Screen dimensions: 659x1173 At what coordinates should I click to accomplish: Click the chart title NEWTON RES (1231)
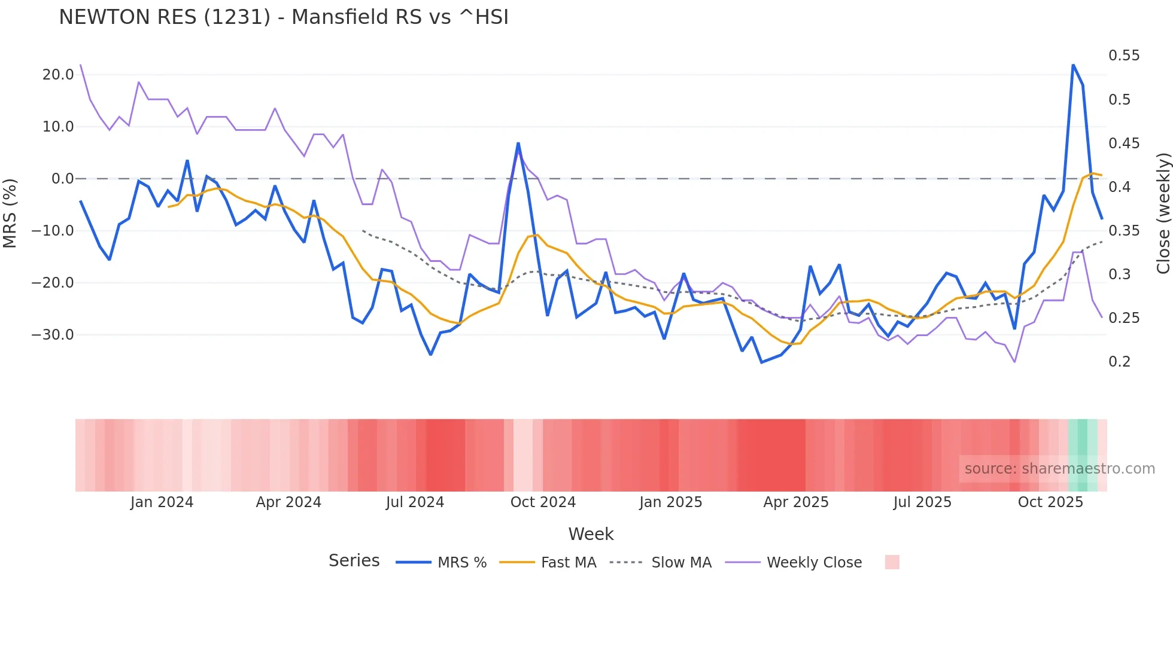pyautogui.click(x=284, y=17)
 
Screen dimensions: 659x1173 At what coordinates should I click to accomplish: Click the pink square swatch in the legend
pyautogui.click(x=892, y=562)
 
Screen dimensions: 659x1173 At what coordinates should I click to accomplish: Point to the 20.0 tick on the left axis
pyautogui.click(x=58, y=75)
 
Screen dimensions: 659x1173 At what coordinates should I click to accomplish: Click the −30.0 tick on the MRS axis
pyautogui.click(x=53, y=335)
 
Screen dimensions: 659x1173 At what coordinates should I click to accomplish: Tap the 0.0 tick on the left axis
pyautogui.click(x=62, y=179)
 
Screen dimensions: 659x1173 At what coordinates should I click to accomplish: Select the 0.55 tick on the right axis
pyautogui.click(x=1124, y=56)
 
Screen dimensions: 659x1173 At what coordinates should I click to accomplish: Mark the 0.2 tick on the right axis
pyautogui.click(x=1119, y=362)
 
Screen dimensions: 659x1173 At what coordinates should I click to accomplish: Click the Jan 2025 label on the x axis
pyautogui.click(x=670, y=502)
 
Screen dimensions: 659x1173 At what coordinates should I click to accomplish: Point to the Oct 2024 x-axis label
pyautogui.click(x=543, y=502)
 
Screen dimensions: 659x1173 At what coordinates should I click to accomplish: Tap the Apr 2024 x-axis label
pyautogui.click(x=288, y=502)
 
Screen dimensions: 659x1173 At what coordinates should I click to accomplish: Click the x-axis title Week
pyautogui.click(x=591, y=534)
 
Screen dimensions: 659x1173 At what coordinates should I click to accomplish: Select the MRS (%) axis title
pyautogui.click(x=10, y=213)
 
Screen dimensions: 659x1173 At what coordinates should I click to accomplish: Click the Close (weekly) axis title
pyautogui.click(x=1163, y=213)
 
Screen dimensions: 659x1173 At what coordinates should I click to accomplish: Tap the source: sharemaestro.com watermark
pyautogui.click(x=1059, y=469)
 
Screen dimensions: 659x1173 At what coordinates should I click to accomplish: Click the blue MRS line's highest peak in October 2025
pyautogui.click(x=1073, y=65)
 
